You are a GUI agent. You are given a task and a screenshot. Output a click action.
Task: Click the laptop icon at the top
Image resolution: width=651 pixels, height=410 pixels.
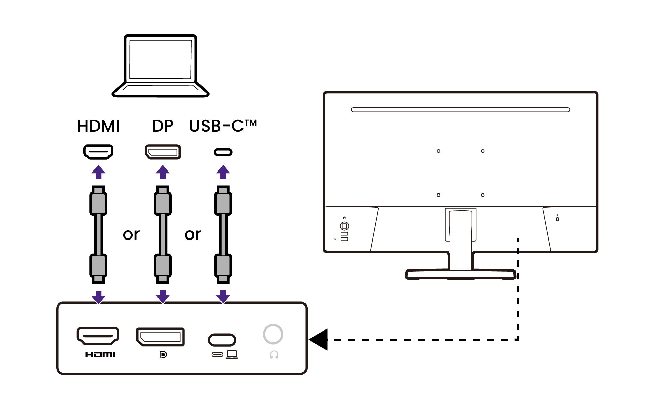tap(161, 66)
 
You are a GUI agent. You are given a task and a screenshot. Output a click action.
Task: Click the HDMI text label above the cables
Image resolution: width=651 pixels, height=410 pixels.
tap(98, 126)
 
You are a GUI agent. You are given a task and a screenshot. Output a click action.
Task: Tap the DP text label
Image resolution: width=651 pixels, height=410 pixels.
tap(163, 126)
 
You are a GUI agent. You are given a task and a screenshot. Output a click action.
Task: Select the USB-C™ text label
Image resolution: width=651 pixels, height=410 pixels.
tap(223, 126)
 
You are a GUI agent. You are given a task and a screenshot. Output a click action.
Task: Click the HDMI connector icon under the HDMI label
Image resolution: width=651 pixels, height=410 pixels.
tap(98, 152)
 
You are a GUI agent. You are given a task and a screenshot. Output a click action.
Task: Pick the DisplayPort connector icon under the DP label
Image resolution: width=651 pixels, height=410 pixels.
tap(163, 152)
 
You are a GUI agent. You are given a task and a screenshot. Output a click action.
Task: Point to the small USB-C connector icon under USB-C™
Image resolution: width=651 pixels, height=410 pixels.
tap(223, 152)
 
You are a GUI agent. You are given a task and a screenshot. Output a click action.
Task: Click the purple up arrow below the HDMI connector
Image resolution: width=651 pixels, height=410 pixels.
tap(98, 172)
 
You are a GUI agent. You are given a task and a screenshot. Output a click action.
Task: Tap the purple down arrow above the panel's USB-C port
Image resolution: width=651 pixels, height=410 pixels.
tap(223, 296)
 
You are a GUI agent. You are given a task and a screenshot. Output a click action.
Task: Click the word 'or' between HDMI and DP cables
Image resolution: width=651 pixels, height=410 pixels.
tap(131, 234)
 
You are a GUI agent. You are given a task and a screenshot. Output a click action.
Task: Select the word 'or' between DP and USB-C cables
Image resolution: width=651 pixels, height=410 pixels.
tap(193, 234)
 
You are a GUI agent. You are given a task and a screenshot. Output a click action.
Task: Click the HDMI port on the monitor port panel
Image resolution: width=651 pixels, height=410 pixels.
tap(98, 336)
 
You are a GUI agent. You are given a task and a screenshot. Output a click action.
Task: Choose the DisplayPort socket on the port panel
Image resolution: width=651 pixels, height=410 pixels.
tap(160, 337)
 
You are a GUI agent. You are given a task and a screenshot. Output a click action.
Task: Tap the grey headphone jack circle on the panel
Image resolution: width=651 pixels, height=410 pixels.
tap(273, 334)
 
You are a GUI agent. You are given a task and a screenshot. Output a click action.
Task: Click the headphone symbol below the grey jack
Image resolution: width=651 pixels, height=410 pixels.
tap(274, 355)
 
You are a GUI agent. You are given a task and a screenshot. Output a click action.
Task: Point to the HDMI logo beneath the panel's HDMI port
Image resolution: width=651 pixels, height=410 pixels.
tap(100, 355)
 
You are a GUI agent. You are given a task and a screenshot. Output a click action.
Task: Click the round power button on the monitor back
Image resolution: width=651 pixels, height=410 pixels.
tap(344, 226)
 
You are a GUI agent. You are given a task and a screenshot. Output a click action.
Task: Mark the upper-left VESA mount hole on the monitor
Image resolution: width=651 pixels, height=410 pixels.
tap(438, 151)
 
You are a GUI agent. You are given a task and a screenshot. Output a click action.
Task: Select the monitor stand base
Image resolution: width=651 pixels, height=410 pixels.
tap(461, 274)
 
